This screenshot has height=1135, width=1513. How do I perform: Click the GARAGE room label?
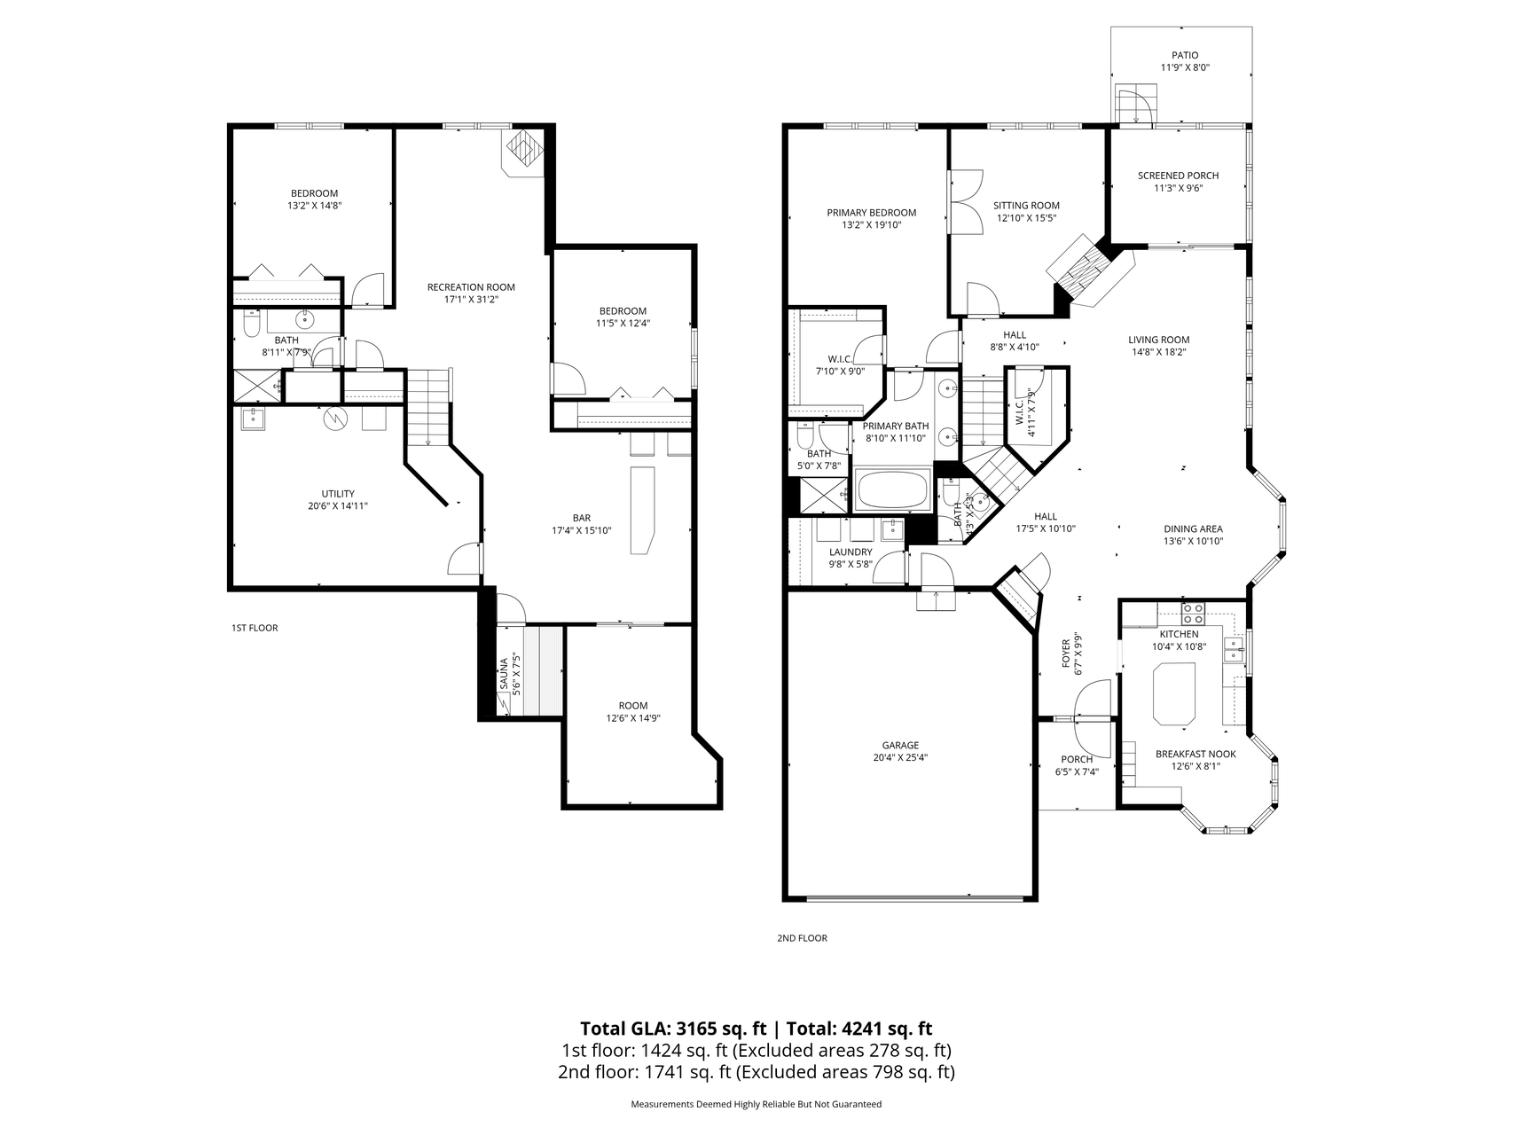pos(900,745)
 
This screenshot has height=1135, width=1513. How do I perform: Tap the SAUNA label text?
pos(503,673)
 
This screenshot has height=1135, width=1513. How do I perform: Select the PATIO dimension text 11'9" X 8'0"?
pos(1185,67)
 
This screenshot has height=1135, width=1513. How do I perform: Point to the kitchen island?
pos(1172,694)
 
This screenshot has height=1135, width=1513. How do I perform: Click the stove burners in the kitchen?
pos(1193,613)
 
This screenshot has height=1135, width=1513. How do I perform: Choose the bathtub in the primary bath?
pos(892,490)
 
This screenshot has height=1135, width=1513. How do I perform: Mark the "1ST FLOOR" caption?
pos(255,628)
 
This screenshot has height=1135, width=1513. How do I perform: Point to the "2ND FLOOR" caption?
pos(802,938)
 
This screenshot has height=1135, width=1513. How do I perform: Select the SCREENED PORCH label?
pos(1178,176)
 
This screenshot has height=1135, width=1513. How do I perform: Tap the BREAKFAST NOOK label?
pos(1196,755)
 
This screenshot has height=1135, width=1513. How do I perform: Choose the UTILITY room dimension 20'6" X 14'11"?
pos(338,506)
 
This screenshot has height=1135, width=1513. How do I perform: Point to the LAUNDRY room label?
pos(851,552)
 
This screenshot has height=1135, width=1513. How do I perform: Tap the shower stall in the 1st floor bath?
pos(256,387)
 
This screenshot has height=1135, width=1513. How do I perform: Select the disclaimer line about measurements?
pos(756,1104)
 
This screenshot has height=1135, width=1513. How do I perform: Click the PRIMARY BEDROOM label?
pos(871,213)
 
